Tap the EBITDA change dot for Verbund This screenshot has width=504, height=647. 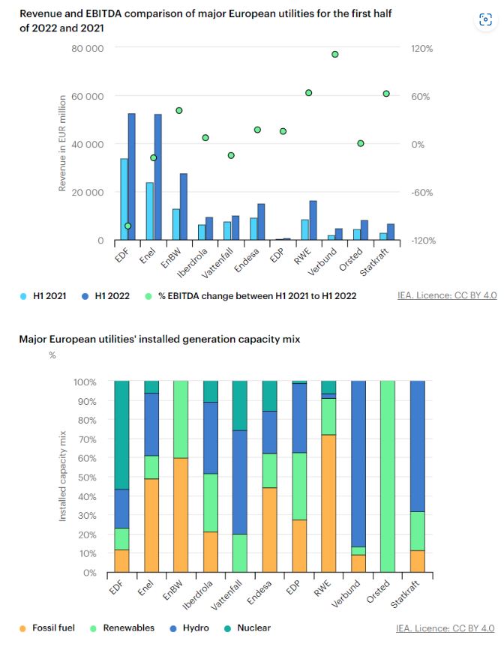point(334,55)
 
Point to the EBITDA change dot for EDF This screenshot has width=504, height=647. point(128,226)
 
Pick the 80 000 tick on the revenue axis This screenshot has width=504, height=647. point(88,48)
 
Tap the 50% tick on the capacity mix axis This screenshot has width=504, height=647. point(87,478)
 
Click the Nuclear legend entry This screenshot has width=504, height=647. point(250,628)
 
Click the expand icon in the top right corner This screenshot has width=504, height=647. point(485,20)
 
